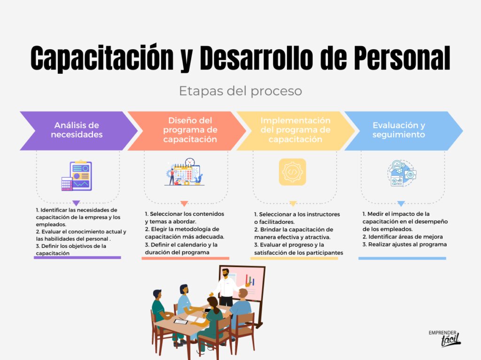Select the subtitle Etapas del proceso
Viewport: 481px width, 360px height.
pos(240,91)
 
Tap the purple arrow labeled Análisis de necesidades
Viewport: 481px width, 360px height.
pos(77,130)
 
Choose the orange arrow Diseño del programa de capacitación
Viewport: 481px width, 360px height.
pos(186,130)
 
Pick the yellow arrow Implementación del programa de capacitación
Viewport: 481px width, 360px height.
pos(295,130)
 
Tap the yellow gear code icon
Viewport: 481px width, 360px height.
pos(292,172)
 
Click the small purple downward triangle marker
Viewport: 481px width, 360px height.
pos(76,203)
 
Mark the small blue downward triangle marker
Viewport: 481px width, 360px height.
pos(401,204)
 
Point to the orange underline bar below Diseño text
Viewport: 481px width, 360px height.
pos(185,258)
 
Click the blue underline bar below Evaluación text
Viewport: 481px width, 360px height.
pos(402,258)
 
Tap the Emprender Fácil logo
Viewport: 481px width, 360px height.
pos(444,337)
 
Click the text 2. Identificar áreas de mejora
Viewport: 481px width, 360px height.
pos(402,237)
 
